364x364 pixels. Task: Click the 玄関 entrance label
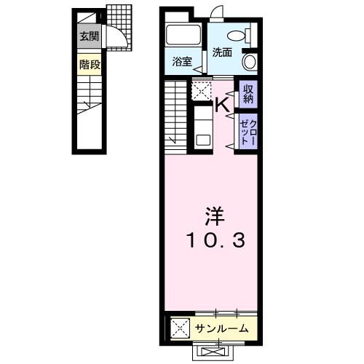(90, 36)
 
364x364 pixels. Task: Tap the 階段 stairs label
(90, 65)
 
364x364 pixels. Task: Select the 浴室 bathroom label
(182, 62)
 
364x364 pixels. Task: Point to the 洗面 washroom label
(222, 52)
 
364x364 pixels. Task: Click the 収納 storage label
(248, 94)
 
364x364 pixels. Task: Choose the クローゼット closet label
(248, 132)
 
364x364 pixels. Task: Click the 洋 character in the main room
(215, 216)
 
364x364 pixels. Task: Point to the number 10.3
(216, 240)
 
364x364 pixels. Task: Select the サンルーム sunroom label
(222, 328)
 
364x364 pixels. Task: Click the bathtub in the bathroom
(183, 35)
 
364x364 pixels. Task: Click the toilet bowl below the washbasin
(250, 62)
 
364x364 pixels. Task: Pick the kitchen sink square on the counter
(203, 141)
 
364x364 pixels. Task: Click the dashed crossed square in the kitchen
(202, 90)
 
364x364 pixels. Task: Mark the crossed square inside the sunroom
(180, 328)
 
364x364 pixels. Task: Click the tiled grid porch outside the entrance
(119, 27)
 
